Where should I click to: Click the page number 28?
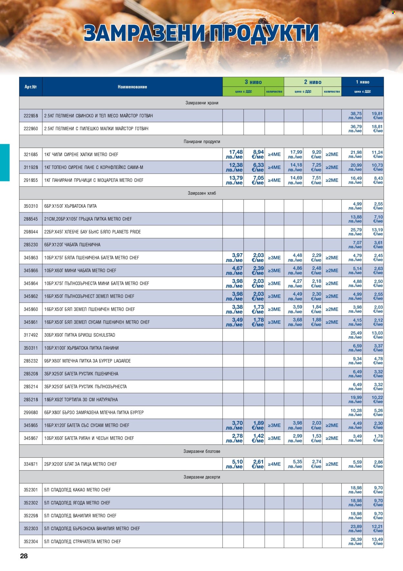[24, 556]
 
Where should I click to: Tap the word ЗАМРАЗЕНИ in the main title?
[144, 34]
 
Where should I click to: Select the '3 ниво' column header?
[253, 82]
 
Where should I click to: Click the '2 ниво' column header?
[312, 82]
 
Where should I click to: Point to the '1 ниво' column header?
[362, 82]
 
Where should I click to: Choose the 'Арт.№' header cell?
[31, 87]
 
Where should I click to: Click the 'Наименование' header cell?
[132, 87]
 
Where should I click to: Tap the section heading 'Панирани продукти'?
[202, 141]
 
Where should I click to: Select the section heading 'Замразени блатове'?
[202, 451]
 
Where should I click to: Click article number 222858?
[31, 116]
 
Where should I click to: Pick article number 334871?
[31, 464]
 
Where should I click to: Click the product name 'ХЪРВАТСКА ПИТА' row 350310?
[70, 206]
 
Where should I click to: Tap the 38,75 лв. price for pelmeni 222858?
[356, 116]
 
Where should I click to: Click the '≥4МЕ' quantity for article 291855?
[274, 180]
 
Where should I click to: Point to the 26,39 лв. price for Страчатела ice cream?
[356, 541]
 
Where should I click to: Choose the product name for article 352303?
[92, 529]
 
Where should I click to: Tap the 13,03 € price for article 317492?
[378, 335]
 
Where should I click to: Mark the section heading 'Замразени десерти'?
[202, 477]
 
